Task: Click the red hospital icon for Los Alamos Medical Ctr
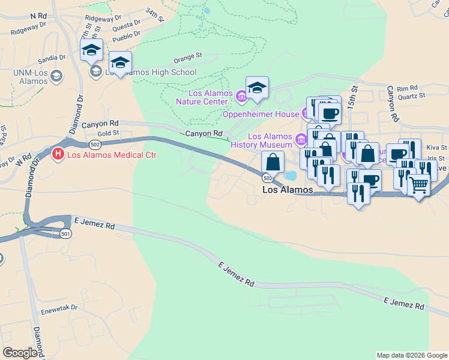(58, 155)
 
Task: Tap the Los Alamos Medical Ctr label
(112, 155)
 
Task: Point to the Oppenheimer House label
(262, 114)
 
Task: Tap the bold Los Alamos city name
(288, 190)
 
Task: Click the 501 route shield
(65, 234)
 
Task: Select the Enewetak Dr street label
(59, 307)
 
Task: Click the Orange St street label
(188, 58)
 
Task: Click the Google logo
(20, 353)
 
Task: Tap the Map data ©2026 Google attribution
(411, 355)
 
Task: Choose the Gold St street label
(109, 133)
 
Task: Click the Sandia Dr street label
(51, 58)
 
